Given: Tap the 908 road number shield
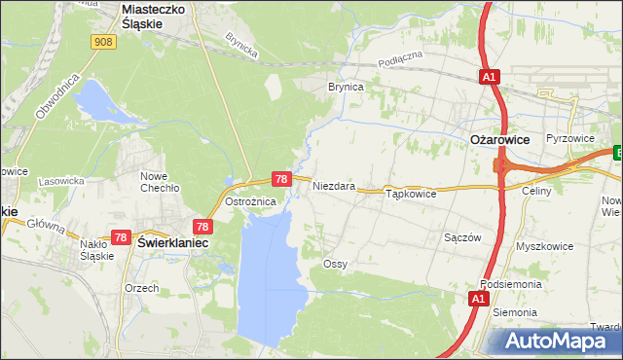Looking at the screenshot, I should (x=105, y=42).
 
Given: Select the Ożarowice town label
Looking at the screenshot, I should (x=499, y=140).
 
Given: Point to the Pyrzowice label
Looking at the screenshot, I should (x=570, y=138).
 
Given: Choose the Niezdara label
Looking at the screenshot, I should (x=333, y=186).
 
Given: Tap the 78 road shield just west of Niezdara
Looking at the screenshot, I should (x=280, y=179).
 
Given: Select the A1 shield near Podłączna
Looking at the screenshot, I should (x=489, y=75).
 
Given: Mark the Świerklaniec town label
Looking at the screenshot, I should (x=173, y=242).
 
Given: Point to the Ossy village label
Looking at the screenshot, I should (x=335, y=264).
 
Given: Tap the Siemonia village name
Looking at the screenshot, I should (x=515, y=312).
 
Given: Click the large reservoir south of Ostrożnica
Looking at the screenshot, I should (x=267, y=272).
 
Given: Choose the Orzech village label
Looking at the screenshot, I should (x=141, y=289).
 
